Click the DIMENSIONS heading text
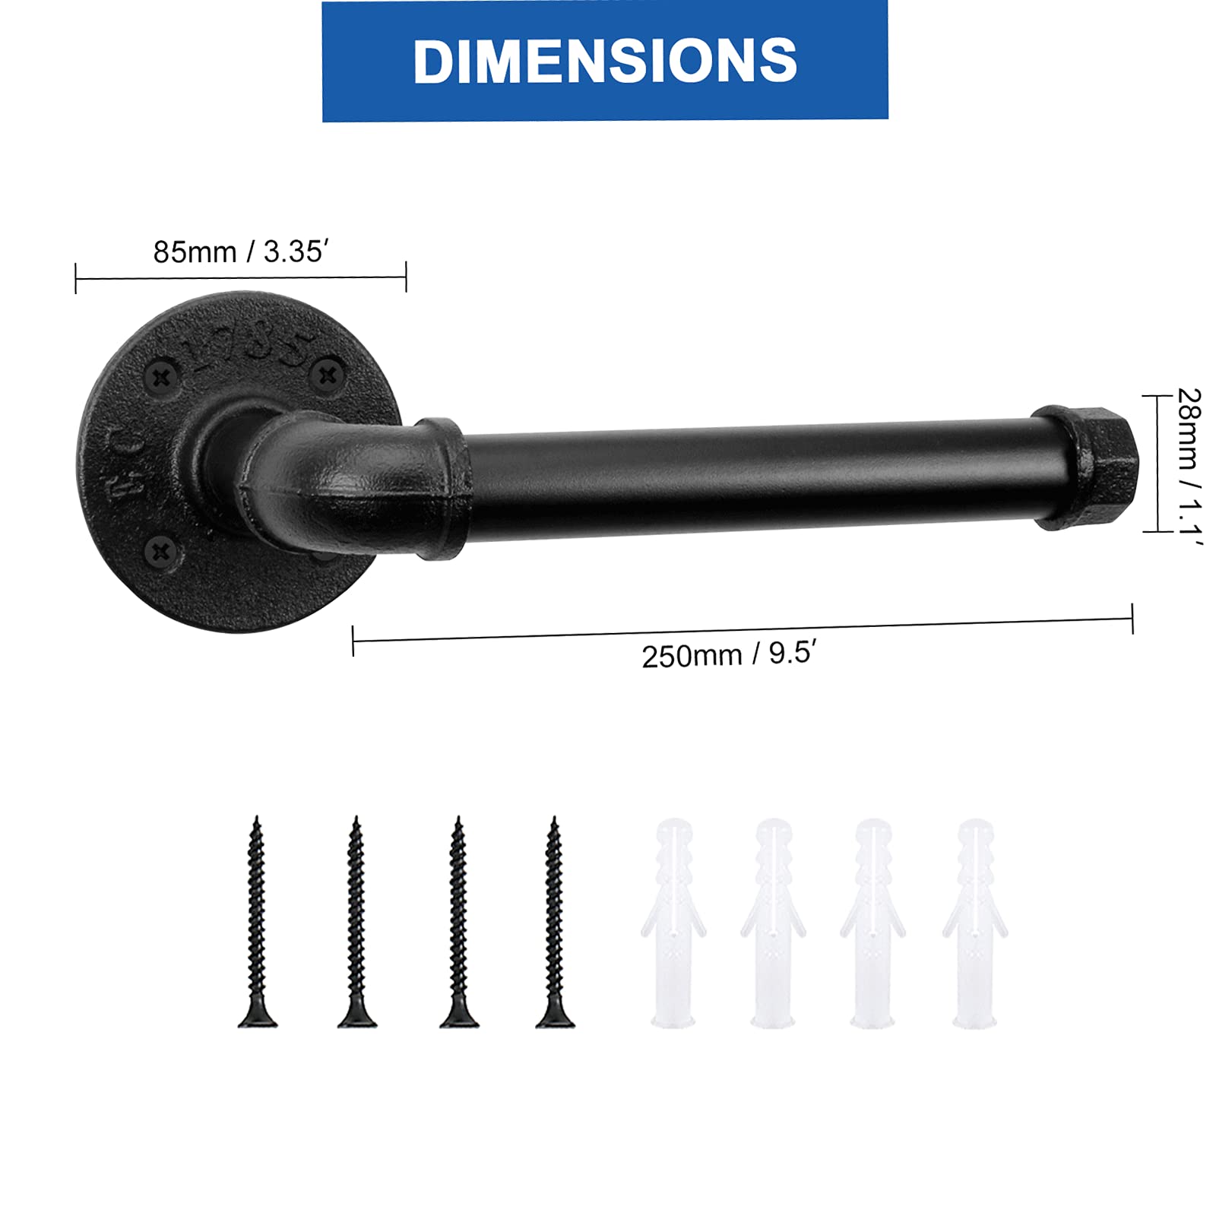(x=605, y=61)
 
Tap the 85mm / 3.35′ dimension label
(x=241, y=252)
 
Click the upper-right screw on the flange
(x=328, y=374)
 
